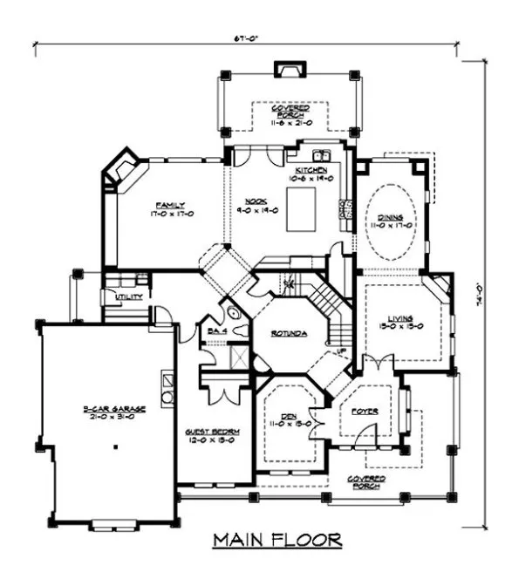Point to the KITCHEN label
click(311, 169)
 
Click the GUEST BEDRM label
click(212, 432)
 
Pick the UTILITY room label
click(117, 297)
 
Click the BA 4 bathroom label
click(217, 330)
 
